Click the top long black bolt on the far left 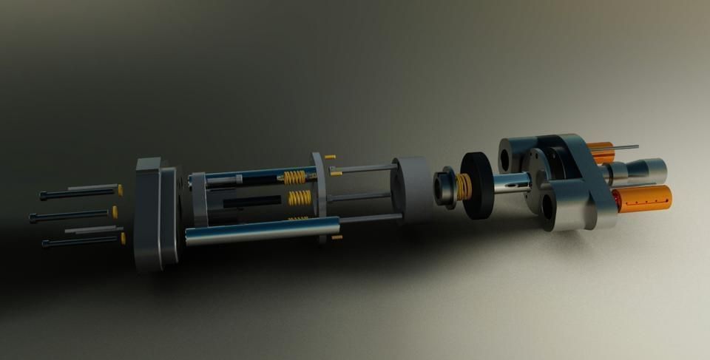coord(74,194)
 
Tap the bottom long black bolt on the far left coord(78,241)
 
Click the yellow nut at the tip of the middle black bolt coord(115,212)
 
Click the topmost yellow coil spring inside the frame coord(294,177)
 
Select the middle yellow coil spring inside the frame coord(300,197)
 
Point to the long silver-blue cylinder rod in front coord(259,231)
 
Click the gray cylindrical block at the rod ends coord(414,189)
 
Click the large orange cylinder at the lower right coord(642,198)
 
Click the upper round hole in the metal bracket coord(511,157)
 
